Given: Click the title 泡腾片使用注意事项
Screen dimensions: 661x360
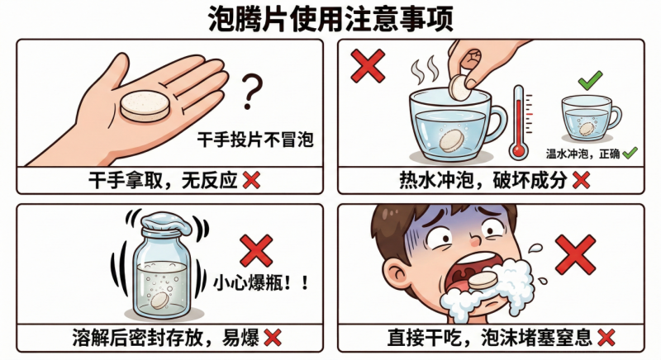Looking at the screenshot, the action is point(331,19).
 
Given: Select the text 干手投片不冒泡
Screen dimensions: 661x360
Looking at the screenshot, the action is point(255,140).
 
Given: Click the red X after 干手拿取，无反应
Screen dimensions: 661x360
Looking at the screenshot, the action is point(252,181).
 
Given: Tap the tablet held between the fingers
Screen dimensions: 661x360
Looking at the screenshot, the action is point(459,88).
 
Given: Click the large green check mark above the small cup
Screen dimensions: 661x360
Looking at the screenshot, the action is point(590,80).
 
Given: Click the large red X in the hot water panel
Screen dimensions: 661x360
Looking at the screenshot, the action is point(368,65).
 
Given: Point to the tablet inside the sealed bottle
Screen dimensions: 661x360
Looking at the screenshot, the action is point(159,301).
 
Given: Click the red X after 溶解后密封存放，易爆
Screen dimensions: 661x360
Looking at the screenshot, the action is point(273,338).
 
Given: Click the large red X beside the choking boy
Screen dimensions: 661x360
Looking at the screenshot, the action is point(575,255).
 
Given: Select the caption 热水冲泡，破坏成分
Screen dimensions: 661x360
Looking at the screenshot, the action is point(483,181).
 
